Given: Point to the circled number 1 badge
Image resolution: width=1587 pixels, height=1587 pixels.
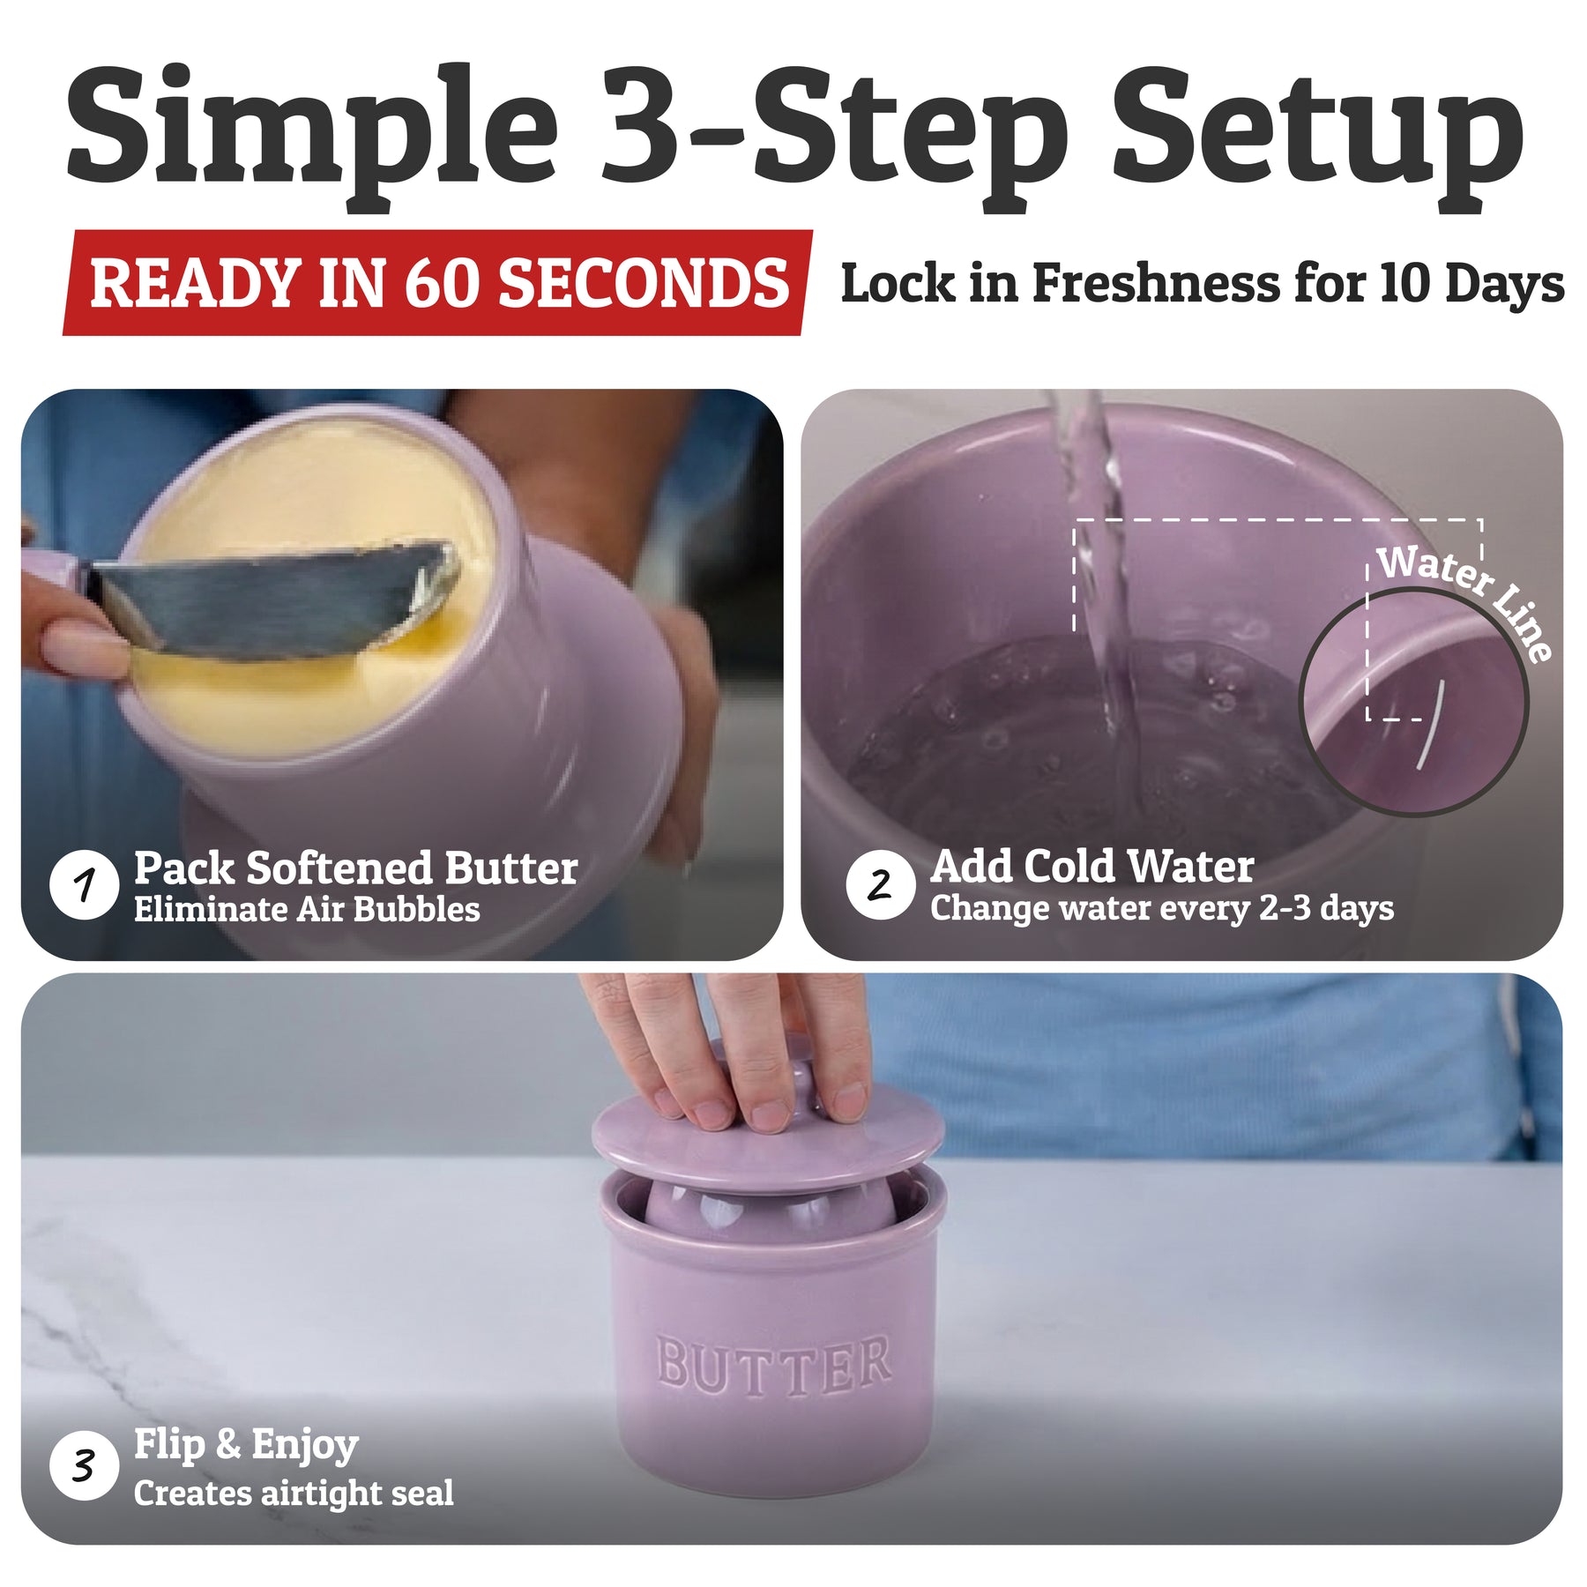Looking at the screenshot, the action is (85, 884).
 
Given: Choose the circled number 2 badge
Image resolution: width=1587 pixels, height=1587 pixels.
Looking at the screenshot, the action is (880, 884).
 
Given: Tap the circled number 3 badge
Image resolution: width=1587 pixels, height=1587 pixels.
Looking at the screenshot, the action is (85, 1466).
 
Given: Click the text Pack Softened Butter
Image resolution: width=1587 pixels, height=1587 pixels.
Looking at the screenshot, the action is (355, 868).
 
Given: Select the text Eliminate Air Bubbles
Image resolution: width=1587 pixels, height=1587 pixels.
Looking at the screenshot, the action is (307, 910).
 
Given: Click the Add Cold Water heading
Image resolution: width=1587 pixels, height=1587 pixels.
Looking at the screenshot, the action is (1092, 867).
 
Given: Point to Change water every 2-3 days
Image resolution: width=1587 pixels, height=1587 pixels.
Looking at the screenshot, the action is (1162, 908).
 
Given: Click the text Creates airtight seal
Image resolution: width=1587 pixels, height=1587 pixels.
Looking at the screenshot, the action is (294, 1494).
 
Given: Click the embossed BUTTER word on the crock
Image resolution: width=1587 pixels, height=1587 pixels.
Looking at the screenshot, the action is (773, 1365).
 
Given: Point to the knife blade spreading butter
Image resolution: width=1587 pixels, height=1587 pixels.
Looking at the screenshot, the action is (273, 600).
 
